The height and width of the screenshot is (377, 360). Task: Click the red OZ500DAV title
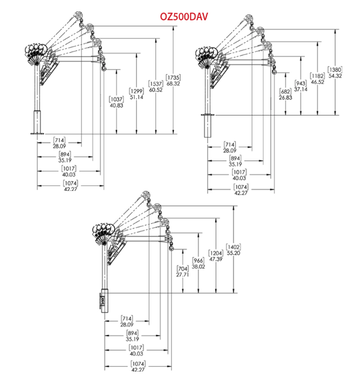(184, 17)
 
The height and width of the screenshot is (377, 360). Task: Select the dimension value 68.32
(173, 84)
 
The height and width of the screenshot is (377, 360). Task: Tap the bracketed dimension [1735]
(173, 78)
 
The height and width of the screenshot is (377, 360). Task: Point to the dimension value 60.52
(155, 90)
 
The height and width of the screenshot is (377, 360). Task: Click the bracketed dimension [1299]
(136, 91)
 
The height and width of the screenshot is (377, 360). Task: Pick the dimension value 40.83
(117, 105)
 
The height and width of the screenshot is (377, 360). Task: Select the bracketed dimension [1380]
(335, 70)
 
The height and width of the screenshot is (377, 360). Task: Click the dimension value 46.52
(318, 82)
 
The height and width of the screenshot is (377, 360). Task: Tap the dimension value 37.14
(301, 89)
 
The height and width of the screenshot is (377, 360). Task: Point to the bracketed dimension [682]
(285, 92)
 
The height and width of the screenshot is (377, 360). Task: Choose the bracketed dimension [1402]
(233, 247)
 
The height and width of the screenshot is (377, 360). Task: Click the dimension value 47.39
(216, 259)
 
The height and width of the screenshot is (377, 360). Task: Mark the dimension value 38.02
(199, 267)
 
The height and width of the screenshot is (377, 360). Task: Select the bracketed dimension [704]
(182, 269)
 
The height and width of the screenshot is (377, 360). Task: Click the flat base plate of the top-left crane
(37, 133)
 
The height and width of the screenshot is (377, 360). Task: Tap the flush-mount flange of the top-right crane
(208, 115)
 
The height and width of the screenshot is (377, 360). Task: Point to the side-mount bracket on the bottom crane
(102, 300)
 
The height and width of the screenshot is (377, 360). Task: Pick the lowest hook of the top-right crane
(274, 71)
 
